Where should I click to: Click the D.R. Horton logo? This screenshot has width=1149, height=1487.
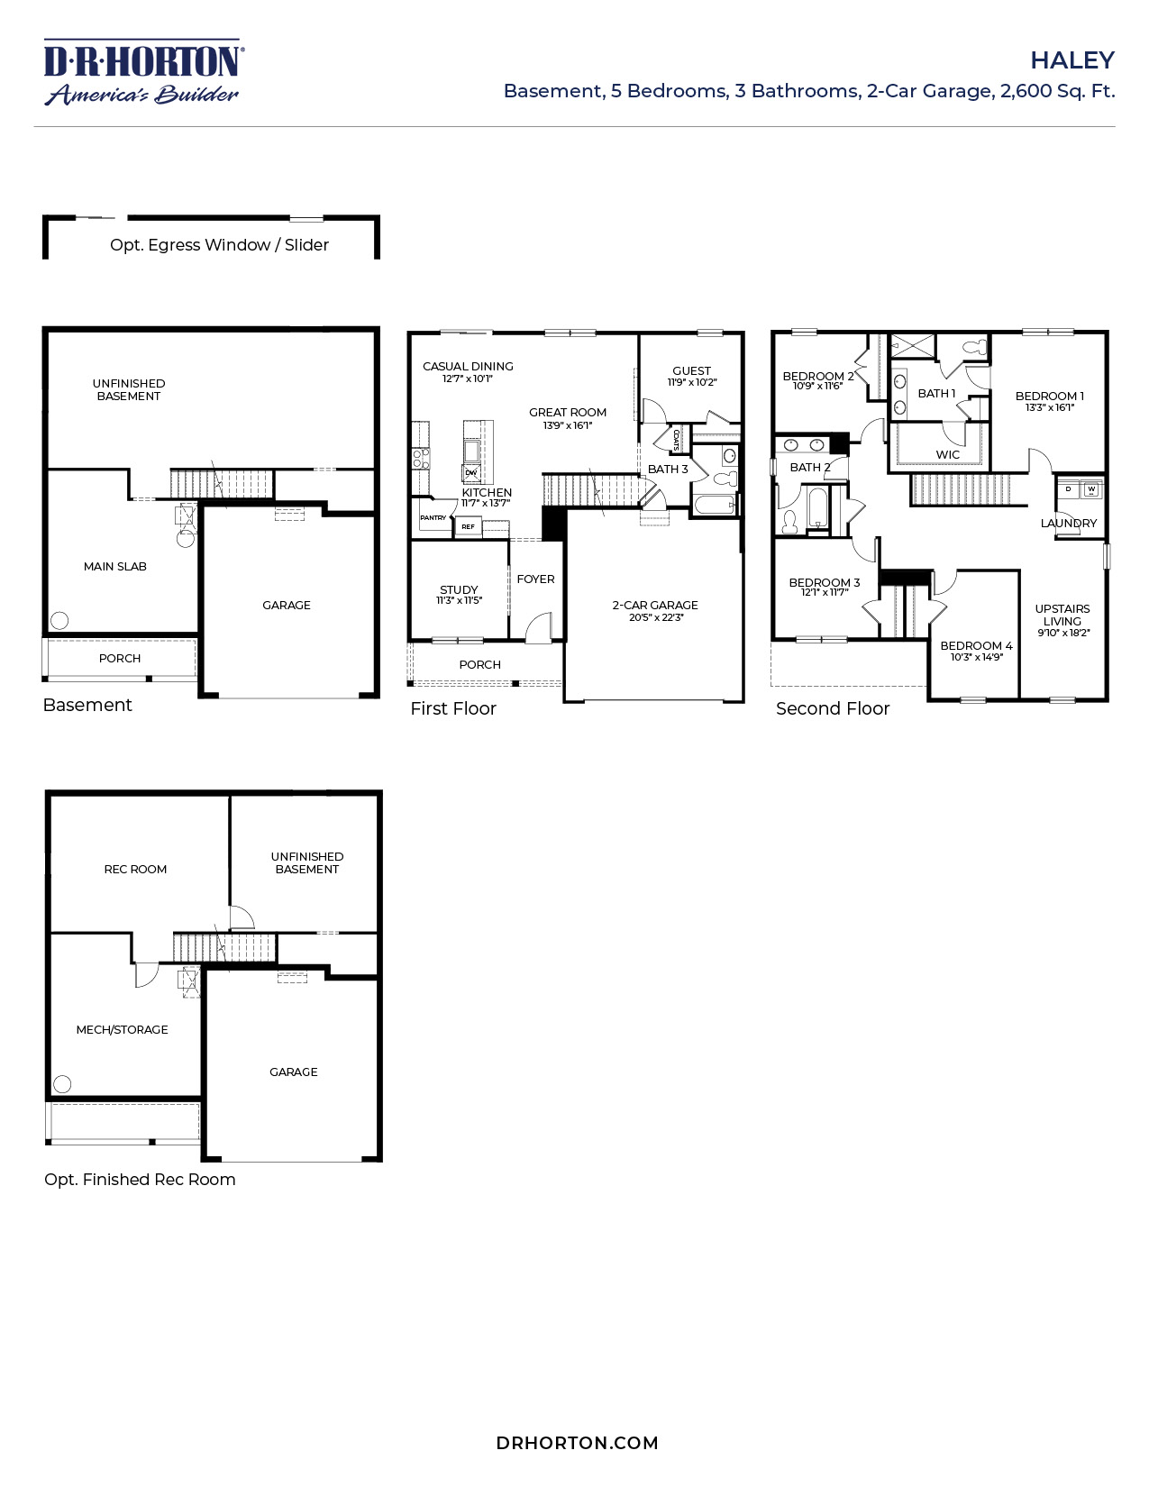pyautogui.click(x=142, y=72)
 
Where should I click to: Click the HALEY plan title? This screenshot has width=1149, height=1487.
pyautogui.click(x=1071, y=60)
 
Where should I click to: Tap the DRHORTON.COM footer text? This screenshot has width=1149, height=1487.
pyautogui.click(x=577, y=1443)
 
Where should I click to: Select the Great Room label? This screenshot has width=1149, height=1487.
pyautogui.click(x=568, y=413)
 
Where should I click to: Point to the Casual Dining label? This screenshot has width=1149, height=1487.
pyautogui.click(x=468, y=367)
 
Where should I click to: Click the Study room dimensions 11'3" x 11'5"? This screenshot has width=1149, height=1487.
pyautogui.click(x=460, y=601)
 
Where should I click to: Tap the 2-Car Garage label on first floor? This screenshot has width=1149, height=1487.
pyautogui.click(x=655, y=606)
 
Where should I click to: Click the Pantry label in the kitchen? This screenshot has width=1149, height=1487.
pyautogui.click(x=433, y=518)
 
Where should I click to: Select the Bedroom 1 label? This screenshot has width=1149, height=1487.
pyautogui.click(x=1049, y=396)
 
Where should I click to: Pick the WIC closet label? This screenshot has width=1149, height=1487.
pyautogui.click(x=947, y=454)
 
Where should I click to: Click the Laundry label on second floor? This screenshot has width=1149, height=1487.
pyautogui.click(x=1069, y=524)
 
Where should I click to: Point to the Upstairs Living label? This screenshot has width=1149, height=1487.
pyautogui.click(x=1062, y=615)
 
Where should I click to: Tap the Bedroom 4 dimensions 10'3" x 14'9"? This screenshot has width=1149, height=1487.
pyautogui.click(x=977, y=658)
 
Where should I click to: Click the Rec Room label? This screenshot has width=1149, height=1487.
pyautogui.click(x=135, y=870)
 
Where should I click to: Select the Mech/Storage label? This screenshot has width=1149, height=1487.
pyautogui.click(x=122, y=1030)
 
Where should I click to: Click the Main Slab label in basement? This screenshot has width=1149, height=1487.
pyautogui.click(x=114, y=567)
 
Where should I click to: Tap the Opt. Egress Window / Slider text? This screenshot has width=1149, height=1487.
pyautogui.click(x=219, y=245)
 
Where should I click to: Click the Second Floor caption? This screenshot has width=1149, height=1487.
pyautogui.click(x=832, y=709)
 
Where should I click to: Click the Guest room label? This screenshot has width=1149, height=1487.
pyautogui.click(x=691, y=371)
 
